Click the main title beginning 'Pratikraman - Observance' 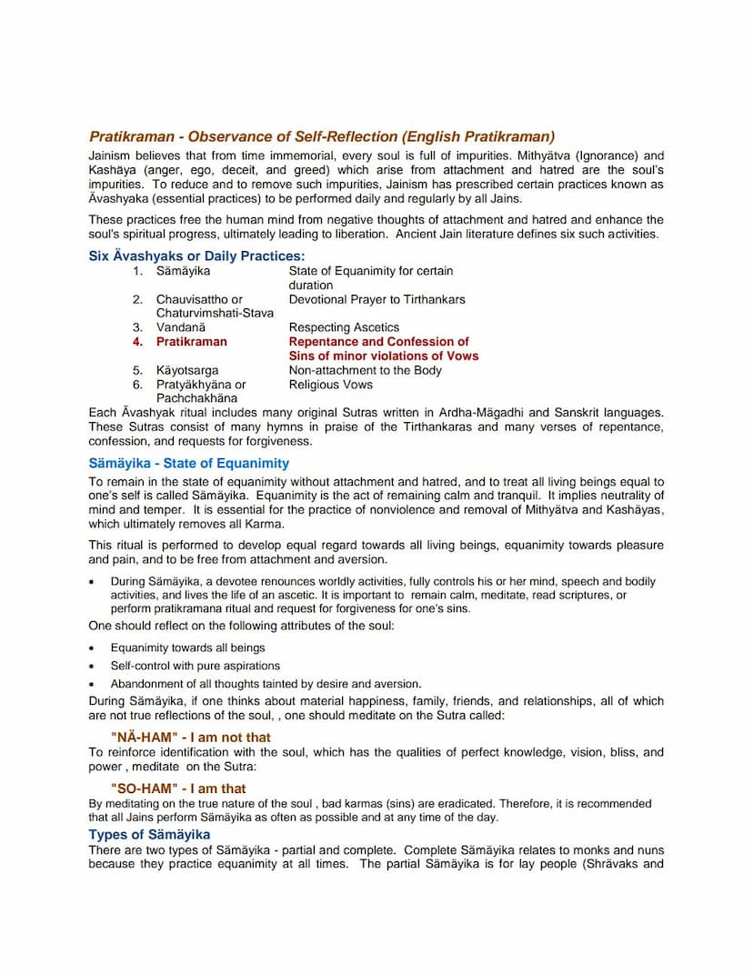click(322, 136)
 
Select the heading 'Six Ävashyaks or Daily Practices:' click(196, 256)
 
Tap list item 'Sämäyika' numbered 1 click(183, 271)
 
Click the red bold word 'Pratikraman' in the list click(192, 342)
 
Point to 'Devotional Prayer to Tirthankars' click(376, 299)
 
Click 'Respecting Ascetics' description click(344, 327)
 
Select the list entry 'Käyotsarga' click(187, 370)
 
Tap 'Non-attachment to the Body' click(365, 370)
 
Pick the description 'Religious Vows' click(331, 385)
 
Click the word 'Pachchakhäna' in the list click(196, 398)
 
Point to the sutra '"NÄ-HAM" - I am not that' click(190, 738)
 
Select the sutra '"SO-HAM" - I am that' click(178, 788)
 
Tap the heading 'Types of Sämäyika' click(149, 834)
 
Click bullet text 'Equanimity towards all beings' click(188, 648)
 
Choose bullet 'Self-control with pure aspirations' click(196, 666)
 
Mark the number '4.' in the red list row click(137, 342)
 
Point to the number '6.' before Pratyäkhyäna click(137, 385)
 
